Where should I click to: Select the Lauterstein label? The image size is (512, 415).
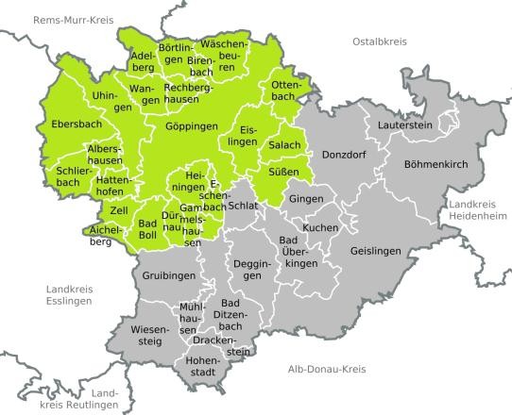coord(404,125)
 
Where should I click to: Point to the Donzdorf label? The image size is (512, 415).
coord(344,153)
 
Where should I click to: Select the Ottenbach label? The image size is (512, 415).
coord(284,91)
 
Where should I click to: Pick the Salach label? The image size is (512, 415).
coord(284,143)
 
